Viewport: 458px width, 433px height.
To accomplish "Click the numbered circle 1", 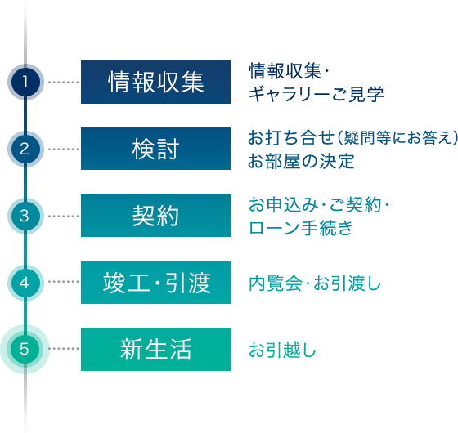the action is (x=25, y=82).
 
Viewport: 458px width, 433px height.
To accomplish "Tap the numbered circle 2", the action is (x=25, y=149).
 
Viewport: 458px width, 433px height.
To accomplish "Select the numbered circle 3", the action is (x=25, y=216).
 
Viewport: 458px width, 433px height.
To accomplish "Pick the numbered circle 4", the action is (x=25, y=283).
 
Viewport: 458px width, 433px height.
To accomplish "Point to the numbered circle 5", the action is (x=25, y=349).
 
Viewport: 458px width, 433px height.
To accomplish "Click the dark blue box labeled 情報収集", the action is (x=155, y=82).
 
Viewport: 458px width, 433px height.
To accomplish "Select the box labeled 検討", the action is (x=155, y=149).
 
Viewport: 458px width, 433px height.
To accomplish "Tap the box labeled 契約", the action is (x=155, y=216).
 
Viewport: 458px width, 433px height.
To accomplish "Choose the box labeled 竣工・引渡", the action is (x=155, y=283).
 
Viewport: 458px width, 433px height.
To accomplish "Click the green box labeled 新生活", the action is (x=155, y=350).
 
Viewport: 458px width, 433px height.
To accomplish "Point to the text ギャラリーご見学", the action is (x=316, y=94).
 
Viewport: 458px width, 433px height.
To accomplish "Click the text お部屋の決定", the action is (x=301, y=161).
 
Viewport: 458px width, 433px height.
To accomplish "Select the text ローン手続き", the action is (x=301, y=228).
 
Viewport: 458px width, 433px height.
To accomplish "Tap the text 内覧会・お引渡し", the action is (x=315, y=283).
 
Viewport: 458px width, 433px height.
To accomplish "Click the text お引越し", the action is (x=282, y=350).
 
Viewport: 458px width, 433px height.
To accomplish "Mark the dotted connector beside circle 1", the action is (x=64, y=82).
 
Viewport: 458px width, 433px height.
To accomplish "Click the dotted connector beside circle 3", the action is (x=64, y=216).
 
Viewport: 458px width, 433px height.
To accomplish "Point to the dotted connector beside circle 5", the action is (x=64, y=348).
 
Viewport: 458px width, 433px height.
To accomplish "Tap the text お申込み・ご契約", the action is (x=315, y=204).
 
